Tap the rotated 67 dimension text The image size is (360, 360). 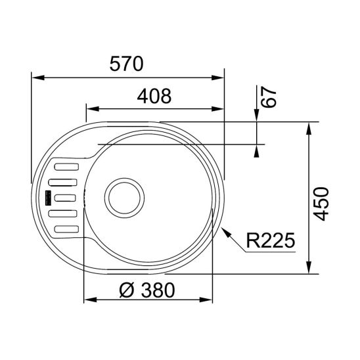[265, 97]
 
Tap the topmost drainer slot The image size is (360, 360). [66, 167]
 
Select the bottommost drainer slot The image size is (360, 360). [67, 229]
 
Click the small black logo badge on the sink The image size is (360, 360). [48, 196]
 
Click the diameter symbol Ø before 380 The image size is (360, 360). [127, 290]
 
